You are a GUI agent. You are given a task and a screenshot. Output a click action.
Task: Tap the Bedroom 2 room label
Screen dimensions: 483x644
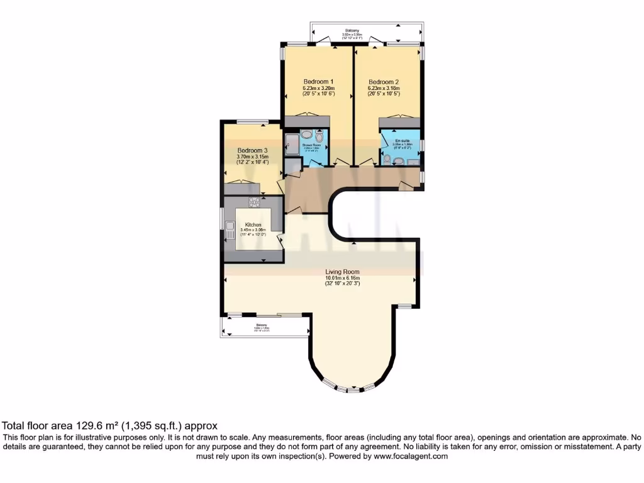(x=383, y=82)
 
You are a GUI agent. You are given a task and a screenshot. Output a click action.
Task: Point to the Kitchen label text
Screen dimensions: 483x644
(x=253, y=225)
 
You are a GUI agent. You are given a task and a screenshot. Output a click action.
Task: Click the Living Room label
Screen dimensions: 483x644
(x=342, y=272)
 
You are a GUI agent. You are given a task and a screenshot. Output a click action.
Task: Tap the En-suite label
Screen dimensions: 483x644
(x=402, y=140)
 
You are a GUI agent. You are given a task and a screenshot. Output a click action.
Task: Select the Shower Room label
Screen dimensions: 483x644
(x=311, y=145)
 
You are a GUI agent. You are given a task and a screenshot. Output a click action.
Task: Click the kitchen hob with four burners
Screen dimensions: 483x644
(x=255, y=202)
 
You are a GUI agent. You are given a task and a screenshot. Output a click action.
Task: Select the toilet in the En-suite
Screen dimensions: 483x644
(x=398, y=162)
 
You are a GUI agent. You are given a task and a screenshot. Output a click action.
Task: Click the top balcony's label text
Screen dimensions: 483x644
(x=352, y=30)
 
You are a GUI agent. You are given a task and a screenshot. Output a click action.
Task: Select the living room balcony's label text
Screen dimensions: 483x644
(x=262, y=325)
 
